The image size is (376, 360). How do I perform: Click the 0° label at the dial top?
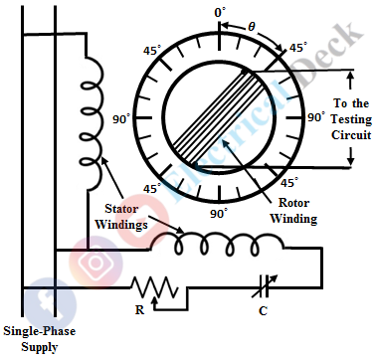coord(220,11)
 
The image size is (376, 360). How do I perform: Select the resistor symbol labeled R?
coord(155,287)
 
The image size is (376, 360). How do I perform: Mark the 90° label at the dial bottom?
coord(219,213)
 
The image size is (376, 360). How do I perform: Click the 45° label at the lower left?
coord(153,188)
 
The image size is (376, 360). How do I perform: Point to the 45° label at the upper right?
coord(296,47)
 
